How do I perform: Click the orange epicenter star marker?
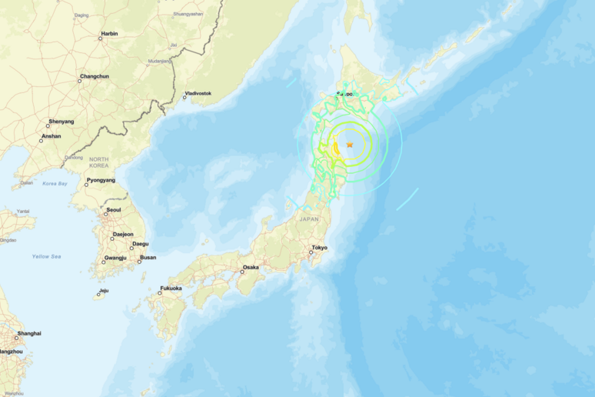[350, 145]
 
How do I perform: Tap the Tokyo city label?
[319, 248]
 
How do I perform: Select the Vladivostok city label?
[198, 94]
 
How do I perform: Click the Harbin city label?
[109, 35]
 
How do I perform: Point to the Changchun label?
[94, 77]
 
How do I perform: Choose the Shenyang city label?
[61, 122]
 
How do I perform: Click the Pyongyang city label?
[101, 181]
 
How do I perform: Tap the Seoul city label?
[114, 210]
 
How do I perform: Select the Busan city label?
[148, 258]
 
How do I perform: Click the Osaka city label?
[251, 267]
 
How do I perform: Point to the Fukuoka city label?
[171, 289]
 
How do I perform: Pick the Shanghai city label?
[29, 333]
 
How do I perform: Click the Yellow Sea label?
[46, 256]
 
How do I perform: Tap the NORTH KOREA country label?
[98, 162]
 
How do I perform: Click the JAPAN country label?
[308, 219]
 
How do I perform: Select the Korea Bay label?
[55, 183]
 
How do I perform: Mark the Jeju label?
[104, 290]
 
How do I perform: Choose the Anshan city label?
[51, 136]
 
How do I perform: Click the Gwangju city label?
[115, 258]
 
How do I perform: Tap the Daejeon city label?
[122, 234]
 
